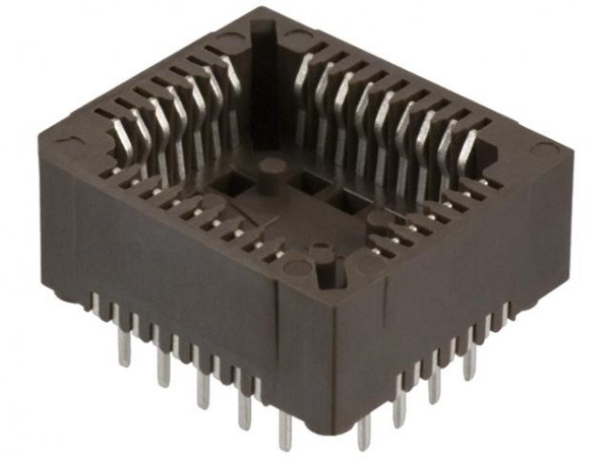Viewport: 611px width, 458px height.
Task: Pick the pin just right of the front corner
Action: [365, 427]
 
